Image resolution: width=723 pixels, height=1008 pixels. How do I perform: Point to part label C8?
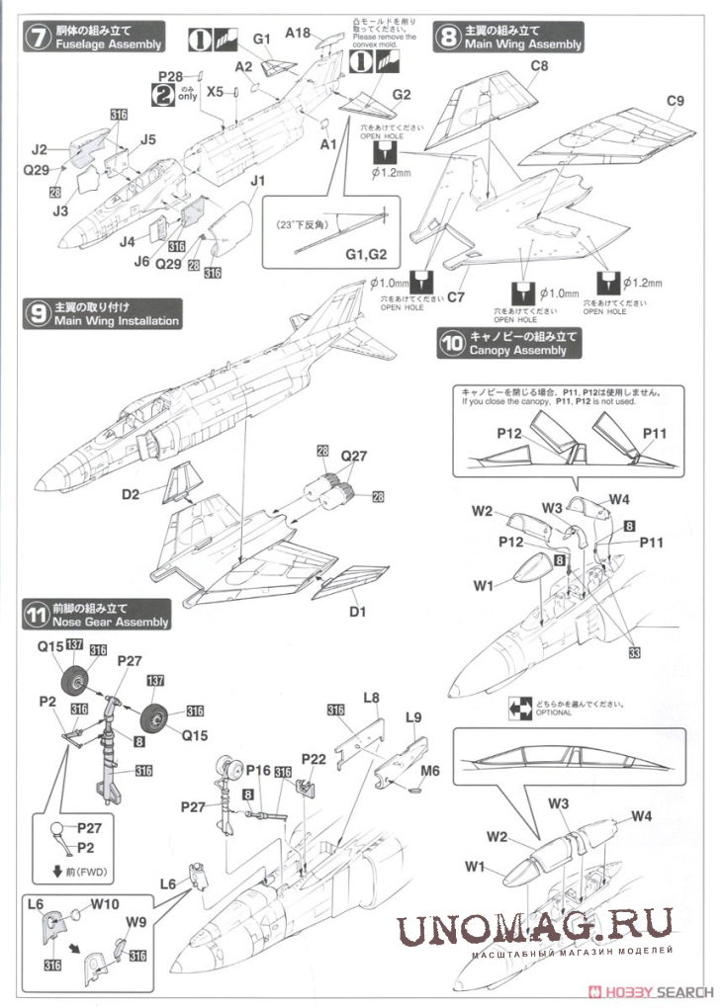(539, 66)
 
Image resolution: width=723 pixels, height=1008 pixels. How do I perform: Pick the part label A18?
(299, 33)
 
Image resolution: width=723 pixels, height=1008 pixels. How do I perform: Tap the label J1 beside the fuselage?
(258, 181)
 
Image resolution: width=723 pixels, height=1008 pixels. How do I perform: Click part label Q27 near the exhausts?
(353, 457)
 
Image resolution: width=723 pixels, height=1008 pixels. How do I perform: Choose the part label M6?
(430, 770)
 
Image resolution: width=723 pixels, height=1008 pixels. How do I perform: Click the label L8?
(371, 698)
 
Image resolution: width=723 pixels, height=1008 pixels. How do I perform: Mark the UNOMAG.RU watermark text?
(535, 928)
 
